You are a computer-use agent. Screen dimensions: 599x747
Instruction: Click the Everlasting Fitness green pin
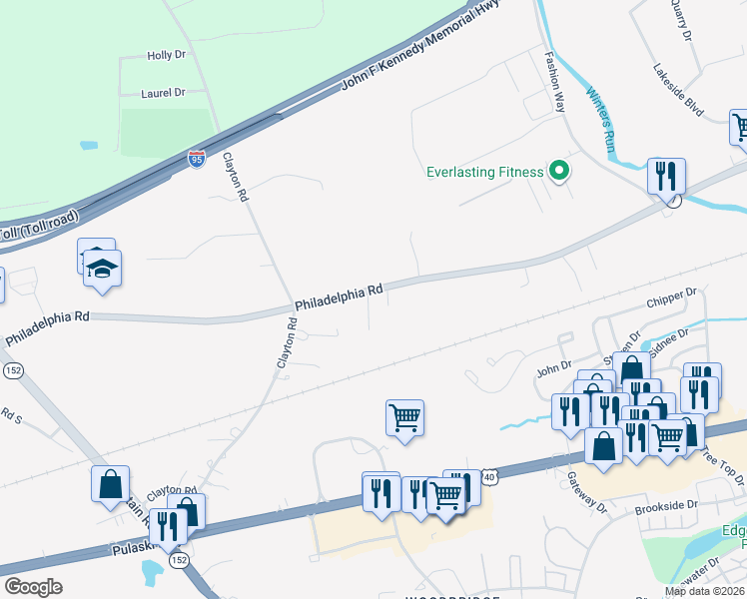560,172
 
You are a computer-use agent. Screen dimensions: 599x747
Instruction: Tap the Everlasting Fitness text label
485,172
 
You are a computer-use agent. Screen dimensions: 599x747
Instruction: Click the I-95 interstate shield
197,159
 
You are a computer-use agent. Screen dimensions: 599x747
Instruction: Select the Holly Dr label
166,56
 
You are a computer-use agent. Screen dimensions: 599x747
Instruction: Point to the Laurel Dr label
165,93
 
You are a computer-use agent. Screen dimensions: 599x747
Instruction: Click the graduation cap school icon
103,269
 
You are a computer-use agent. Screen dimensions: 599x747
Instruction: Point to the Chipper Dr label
670,297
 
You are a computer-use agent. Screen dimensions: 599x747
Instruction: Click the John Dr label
553,369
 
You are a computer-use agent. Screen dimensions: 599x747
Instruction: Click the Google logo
33,587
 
